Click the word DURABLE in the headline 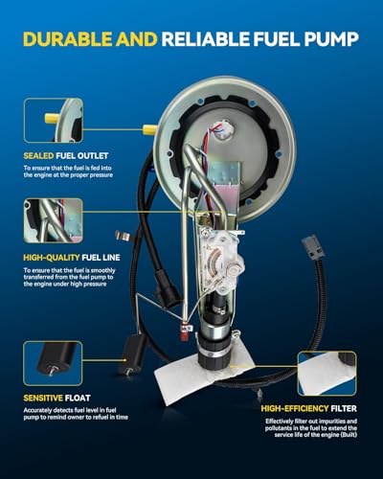[67, 39]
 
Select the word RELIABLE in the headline [206, 39]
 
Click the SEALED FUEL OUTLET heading [66, 156]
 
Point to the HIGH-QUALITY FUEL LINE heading [72, 258]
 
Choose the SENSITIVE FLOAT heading [56, 398]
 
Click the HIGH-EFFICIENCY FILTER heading [308, 408]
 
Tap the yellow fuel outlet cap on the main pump [149, 129]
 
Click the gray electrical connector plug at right [313, 246]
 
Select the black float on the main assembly [132, 354]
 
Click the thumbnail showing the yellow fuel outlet [54, 121]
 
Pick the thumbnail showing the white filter [327, 374]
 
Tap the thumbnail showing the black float [53, 363]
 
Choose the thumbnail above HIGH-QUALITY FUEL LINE [54, 220]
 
